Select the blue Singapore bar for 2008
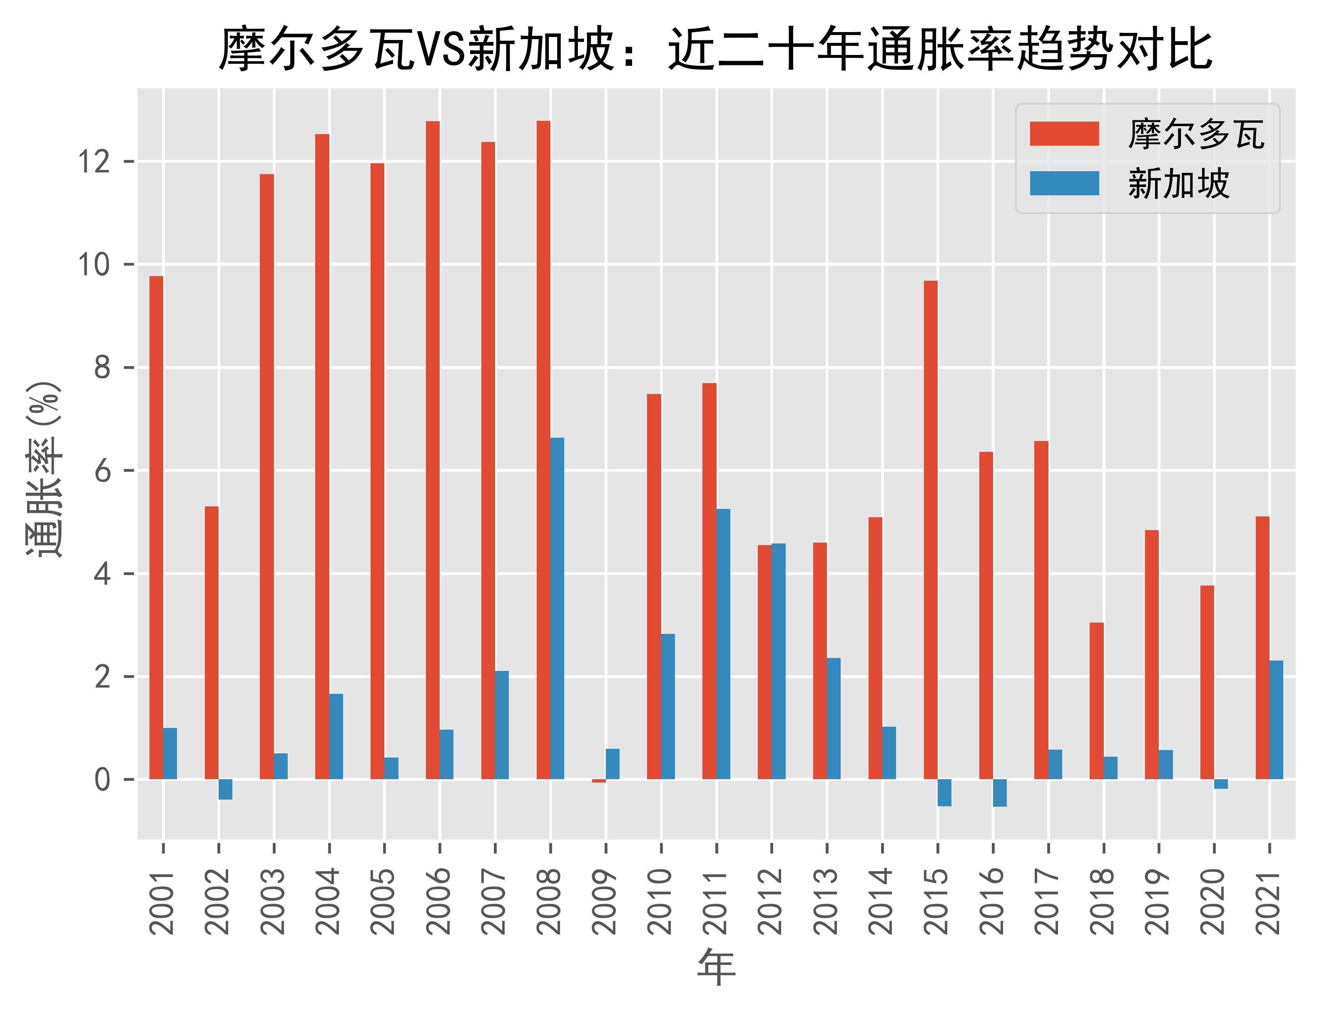pos(557,608)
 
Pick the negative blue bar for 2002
pos(225,790)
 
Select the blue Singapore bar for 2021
pos(1276,720)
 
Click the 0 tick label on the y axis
pos(103,780)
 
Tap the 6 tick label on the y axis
pos(103,471)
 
